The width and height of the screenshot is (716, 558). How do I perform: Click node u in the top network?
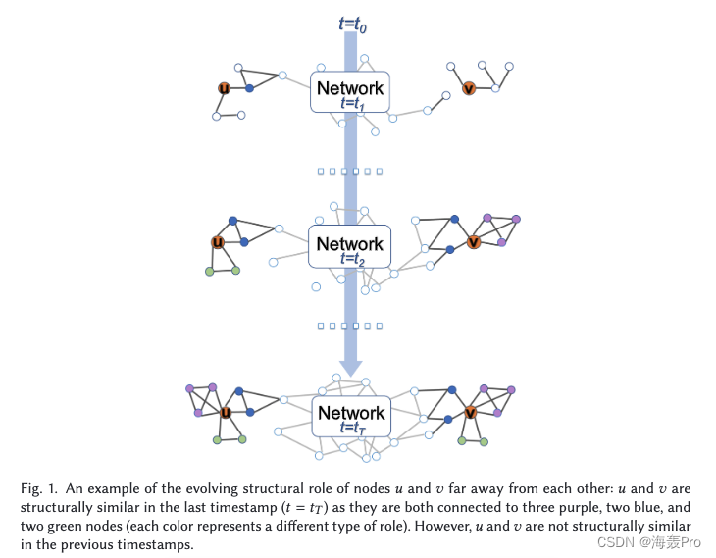(224, 89)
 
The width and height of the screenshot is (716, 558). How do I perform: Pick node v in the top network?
(469, 89)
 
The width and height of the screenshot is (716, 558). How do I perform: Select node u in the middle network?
(217, 242)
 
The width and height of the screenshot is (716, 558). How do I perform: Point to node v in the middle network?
(474, 242)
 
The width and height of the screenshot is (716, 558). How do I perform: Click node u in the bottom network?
(226, 413)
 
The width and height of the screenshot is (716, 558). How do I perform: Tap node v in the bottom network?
(471, 413)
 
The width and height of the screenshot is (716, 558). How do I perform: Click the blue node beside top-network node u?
(250, 89)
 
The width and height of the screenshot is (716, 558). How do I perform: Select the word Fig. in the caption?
(33, 488)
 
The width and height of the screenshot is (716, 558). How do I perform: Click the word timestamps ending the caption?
(151, 544)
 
